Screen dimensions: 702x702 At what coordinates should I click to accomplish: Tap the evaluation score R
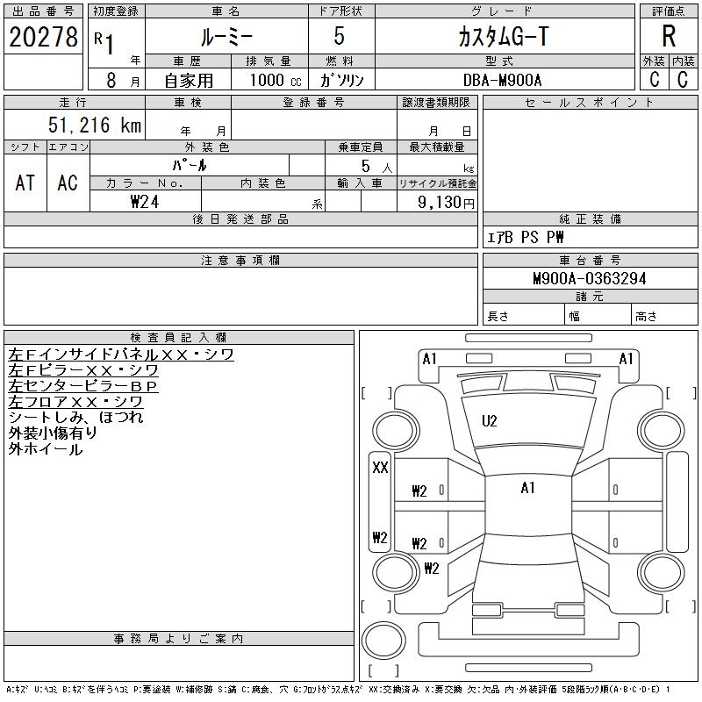tap(669, 37)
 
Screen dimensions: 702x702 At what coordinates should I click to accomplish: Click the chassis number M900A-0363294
tap(590, 279)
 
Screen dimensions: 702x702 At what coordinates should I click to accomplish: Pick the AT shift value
tap(25, 183)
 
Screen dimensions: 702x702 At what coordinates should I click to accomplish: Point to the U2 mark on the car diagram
tap(489, 421)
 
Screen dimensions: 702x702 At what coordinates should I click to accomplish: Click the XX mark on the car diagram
tap(380, 468)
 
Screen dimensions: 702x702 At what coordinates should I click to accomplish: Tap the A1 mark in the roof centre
tap(527, 488)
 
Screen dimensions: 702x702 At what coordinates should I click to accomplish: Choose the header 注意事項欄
tap(240, 261)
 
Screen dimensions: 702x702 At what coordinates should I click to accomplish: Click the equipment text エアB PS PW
tap(526, 238)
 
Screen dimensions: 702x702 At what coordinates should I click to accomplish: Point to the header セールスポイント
tap(589, 103)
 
